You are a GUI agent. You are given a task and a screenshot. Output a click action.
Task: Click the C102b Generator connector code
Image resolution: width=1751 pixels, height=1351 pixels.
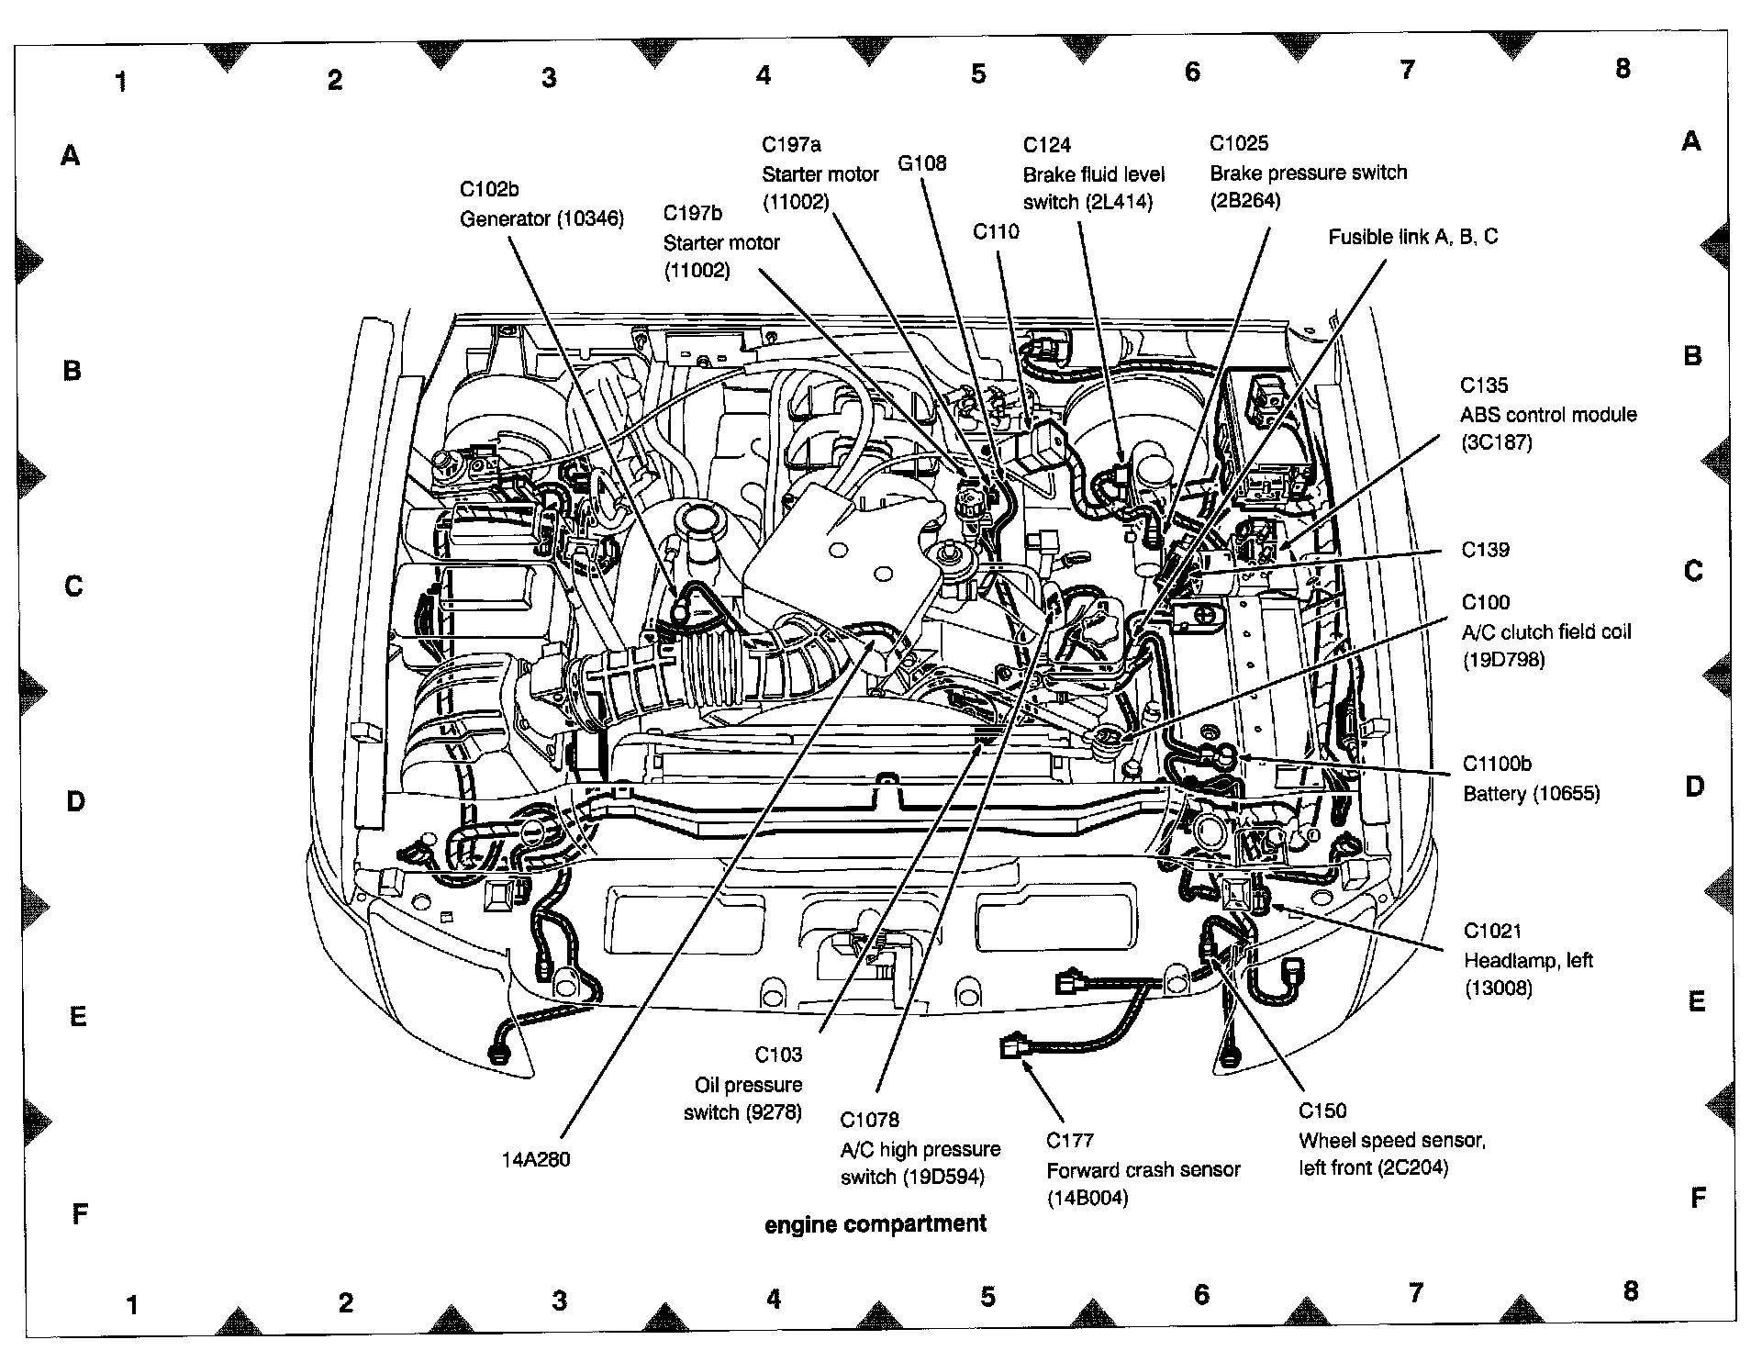click(488, 189)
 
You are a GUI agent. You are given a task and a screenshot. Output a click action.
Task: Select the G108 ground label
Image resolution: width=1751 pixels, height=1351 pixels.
click(921, 163)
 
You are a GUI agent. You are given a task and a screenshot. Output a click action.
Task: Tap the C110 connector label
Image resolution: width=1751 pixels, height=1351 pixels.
click(996, 232)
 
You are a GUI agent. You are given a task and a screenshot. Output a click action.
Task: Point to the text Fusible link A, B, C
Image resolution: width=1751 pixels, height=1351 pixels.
click(1412, 237)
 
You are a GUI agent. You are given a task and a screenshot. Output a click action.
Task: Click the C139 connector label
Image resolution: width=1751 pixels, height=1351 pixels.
click(1485, 550)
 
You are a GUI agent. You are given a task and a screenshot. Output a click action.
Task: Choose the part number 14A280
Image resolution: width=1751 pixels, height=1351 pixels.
click(535, 1159)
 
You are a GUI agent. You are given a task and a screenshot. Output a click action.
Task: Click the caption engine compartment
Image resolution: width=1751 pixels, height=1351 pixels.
click(875, 1224)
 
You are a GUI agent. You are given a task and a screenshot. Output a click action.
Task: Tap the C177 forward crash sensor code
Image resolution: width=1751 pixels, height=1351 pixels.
click(1070, 1141)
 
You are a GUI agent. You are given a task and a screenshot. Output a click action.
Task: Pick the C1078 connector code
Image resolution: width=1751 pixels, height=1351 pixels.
click(869, 1120)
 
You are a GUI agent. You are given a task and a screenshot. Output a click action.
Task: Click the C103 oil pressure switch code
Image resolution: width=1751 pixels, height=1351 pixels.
click(778, 1055)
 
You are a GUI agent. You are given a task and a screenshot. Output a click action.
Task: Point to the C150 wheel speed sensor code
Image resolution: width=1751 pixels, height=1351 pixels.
click(1322, 1111)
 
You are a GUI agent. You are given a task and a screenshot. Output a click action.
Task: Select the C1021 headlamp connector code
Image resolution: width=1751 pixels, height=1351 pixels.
click(1492, 932)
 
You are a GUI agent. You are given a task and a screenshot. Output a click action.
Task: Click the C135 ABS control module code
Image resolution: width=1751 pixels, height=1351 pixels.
click(1484, 385)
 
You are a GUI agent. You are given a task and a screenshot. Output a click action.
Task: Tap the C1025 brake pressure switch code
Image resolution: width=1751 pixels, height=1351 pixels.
click(1239, 143)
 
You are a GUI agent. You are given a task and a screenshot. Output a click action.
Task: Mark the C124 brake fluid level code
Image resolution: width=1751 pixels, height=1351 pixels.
click(1047, 145)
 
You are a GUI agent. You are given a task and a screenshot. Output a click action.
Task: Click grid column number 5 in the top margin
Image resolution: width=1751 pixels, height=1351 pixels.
click(978, 74)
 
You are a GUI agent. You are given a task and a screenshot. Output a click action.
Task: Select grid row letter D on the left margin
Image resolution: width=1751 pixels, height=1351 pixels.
click(75, 801)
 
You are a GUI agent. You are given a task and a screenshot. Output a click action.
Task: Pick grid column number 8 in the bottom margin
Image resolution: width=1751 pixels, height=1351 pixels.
click(1630, 1291)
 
